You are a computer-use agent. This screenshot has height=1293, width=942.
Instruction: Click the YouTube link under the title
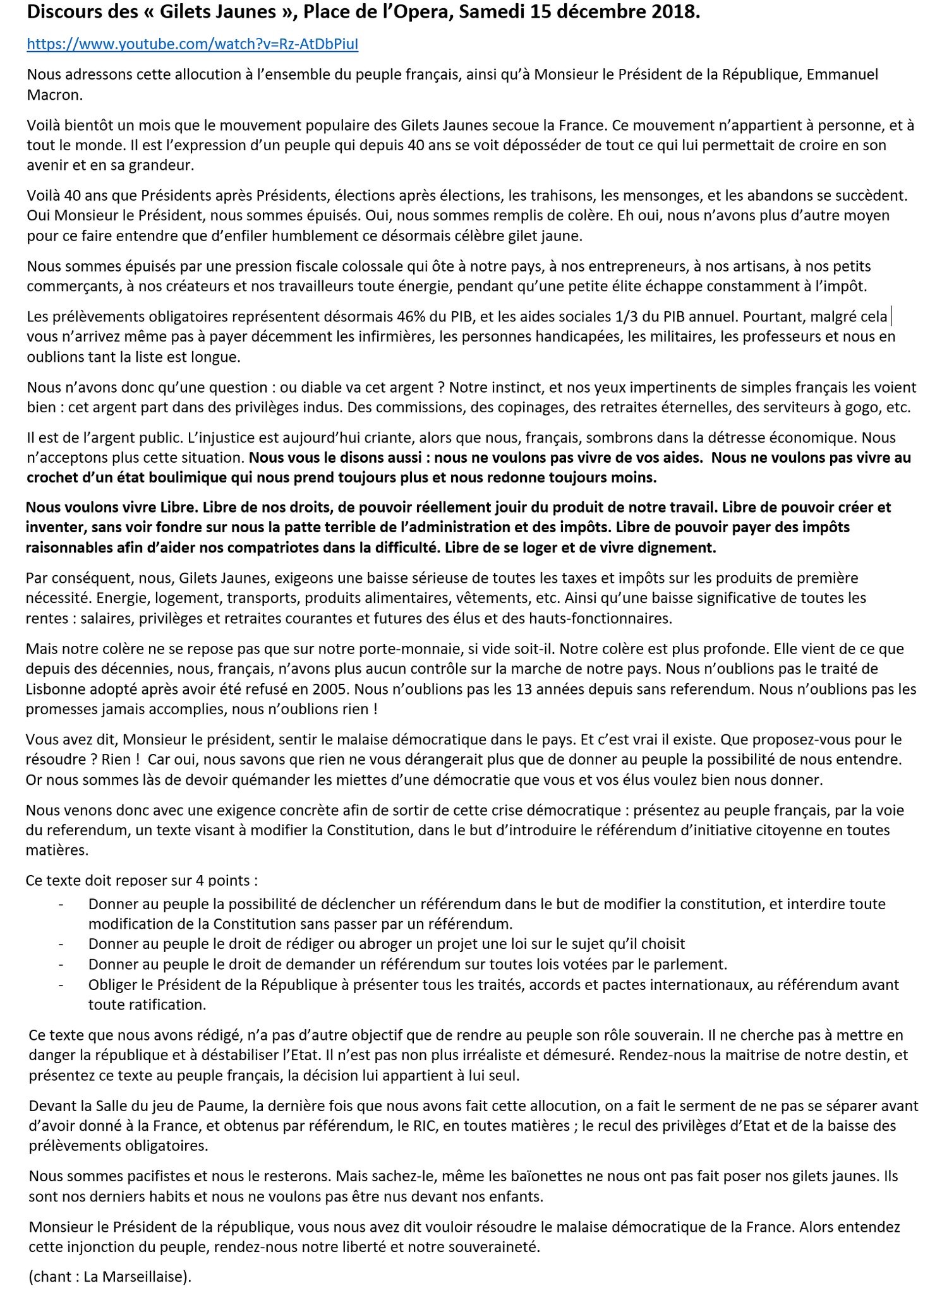193,45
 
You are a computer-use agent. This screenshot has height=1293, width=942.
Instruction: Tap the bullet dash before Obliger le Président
61,984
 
